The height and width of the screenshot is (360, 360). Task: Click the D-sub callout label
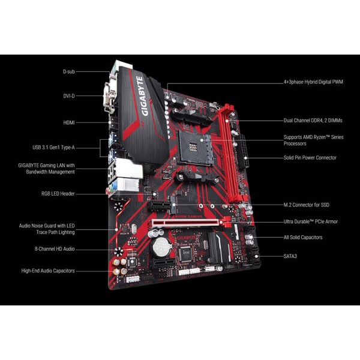(69, 71)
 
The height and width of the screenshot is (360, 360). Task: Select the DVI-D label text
(70, 95)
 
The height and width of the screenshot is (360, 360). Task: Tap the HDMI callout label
(69, 122)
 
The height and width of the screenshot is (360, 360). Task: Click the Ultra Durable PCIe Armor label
(311, 221)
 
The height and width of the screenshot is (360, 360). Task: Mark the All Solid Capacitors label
(303, 238)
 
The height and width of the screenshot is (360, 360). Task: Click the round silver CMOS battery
(161, 245)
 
